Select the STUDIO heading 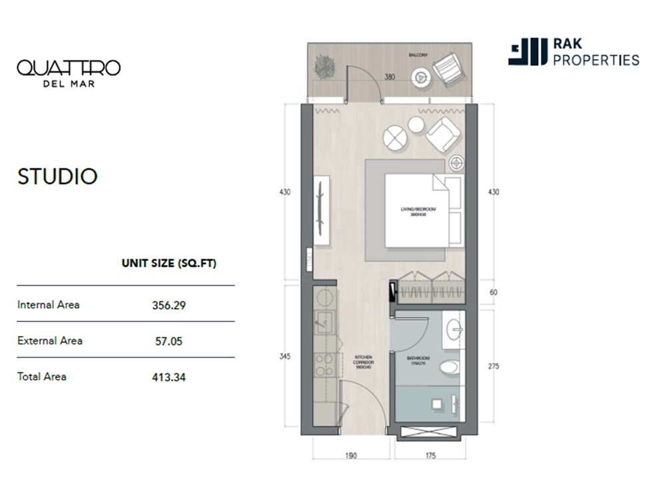tap(57, 176)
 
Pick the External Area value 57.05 tap(168, 341)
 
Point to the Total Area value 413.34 tap(168, 377)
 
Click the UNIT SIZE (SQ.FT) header tap(168, 263)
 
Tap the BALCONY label tap(419, 54)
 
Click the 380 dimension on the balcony tap(390, 77)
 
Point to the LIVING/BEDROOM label tap(418, 211)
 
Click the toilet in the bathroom tap(450, 367)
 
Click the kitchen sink tap(324, 323)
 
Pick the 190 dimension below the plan tap(351, 456)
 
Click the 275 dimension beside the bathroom tap(493, 366)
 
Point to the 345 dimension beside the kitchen tap(285, 357)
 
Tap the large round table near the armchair tap(394, 138)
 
